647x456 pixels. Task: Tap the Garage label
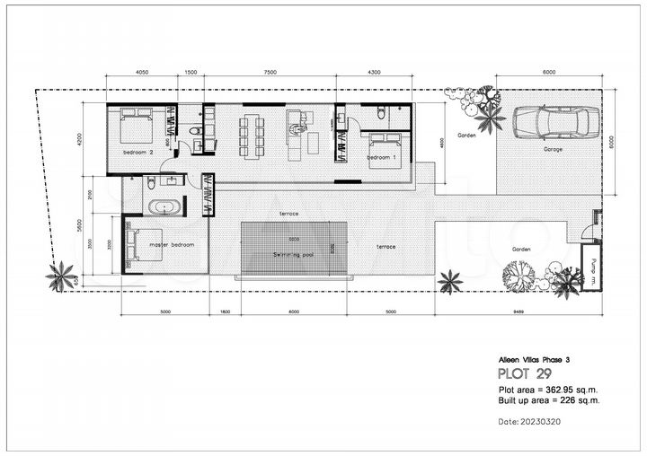click(553, 149)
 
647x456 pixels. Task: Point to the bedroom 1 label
click(382, 158)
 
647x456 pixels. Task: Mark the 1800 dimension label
click(225, 312)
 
